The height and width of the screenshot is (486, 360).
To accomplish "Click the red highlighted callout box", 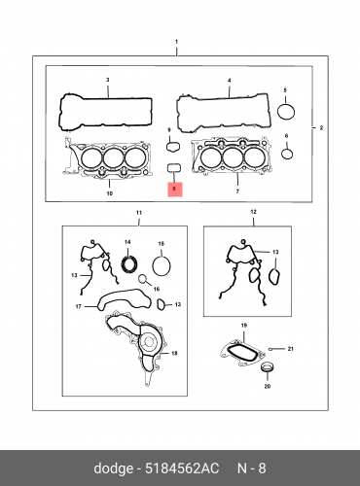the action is coord(175,190).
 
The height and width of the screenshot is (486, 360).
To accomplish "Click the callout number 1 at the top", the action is coord(176,42).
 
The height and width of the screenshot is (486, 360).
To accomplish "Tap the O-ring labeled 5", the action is coord(286,112).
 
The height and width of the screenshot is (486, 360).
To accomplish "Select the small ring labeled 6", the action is coord(287,154).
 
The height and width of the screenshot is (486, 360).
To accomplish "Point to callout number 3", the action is coord(108,80).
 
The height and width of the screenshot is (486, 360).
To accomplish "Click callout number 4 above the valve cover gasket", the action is coord(230,81).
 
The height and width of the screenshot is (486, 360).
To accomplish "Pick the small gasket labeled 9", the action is coord(173,147).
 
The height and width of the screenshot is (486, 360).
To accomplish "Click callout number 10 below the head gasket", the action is coord(110,193).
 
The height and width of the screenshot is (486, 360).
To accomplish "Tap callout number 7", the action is coord(237,191).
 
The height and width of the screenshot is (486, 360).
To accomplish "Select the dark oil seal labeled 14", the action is coord(129,263).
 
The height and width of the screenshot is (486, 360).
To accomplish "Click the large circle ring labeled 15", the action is coord(162,266).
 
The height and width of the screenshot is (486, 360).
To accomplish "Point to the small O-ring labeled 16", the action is coord(142,279).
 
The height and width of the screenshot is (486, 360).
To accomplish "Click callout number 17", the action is coord(78,306).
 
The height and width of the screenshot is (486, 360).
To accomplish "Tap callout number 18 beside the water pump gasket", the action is coord(174,353).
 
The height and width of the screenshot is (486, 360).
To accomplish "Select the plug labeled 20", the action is coord(268,367).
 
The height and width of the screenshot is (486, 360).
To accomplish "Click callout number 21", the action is coord(290,349).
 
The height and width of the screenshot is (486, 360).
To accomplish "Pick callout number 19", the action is coord(244,325).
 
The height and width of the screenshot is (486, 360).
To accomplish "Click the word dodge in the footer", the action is coord(113,469).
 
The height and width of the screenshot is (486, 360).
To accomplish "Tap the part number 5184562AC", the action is coord(182,469).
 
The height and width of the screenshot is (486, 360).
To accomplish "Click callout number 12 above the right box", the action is coord(253,212).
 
